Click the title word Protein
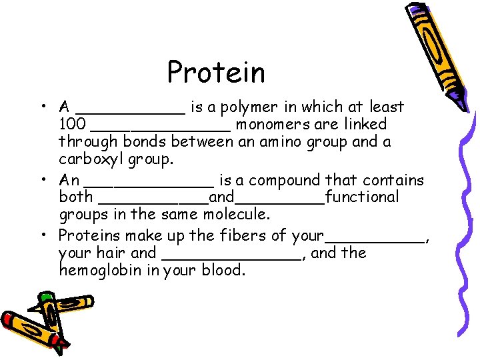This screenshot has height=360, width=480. (x=216, y=72)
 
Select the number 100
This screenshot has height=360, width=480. (x=71, y=124)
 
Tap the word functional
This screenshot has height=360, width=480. (x=362, y=197)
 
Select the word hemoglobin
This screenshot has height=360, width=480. (x=99, y=270)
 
